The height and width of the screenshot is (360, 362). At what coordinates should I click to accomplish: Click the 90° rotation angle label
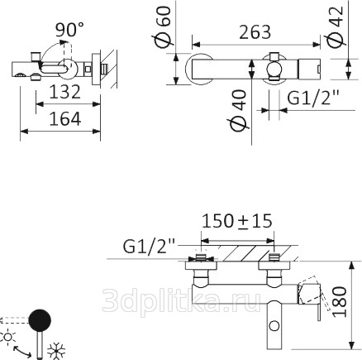(x=69, y=30)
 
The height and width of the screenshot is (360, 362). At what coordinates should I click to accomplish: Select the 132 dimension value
(x=65, y=92)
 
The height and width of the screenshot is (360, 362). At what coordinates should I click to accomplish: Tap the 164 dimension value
(x=65, y=119)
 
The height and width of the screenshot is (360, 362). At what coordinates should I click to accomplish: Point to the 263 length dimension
(x=255, y=32)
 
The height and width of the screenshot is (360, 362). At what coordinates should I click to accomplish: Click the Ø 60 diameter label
(x=162, y=27)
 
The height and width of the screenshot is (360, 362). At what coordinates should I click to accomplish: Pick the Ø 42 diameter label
(x=336, y=26)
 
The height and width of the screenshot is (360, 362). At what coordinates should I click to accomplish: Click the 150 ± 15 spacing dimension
(x=237, y=221)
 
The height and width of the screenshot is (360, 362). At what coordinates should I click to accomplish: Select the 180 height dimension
(x=340, y=301)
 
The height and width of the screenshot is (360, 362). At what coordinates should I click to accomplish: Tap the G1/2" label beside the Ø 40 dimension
(x=313, y=98)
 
